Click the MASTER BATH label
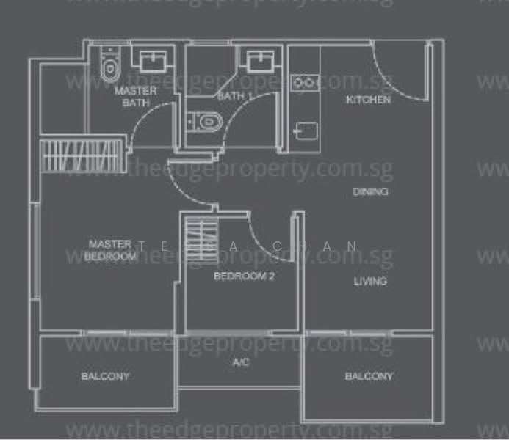tap(135, 96)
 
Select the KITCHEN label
tap(368, 99)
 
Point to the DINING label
tap(370, 191)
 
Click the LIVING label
tap(370, 281)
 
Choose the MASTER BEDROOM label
tap(110, 249)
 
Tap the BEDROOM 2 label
tap(244, 276)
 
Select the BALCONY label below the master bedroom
tap(105, 376)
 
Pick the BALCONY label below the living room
tap(369, 376)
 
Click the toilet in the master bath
tap(109, 65)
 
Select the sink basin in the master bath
tap(153, 60)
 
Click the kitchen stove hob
tap(303, 82)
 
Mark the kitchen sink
tap(305, 131)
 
